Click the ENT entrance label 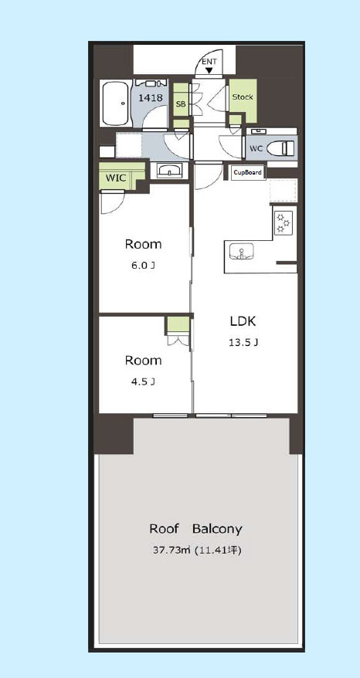pyautogui.click(x=209, y=62)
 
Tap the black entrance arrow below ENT pyautogui.click(x=210, y=69)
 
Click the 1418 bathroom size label pyautogui.click(x=151, y=98)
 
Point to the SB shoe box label pyautogui.click(x=181, y=103)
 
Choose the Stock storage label pyautogui.click(x=243, y=97)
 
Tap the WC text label pyautogui.click(x=256, y=149)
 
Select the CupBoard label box pyautogui.click(x=248, y=172)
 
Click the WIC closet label pyautogui.click(x=116, y=178)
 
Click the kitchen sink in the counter pyautogui.click(x=242, y=251)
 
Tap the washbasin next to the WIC pyautogui.click(x=170, y=171)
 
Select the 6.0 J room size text pyautogui.click(x=143, y=266)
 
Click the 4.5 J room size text pyautogui.click(x=143, y=381)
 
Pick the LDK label pyautogui.click(x=243, y=321)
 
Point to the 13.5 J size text pyautogui.click(x=243, y=343)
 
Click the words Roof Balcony pyautogui.click(x=195, y=529)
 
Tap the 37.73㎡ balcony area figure pyautogui.click(x=172, y=551)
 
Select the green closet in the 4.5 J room pyautogui.click(x=178, y=325)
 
